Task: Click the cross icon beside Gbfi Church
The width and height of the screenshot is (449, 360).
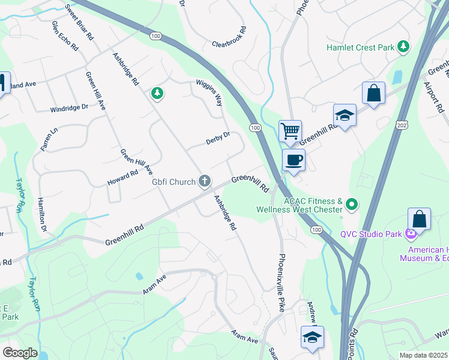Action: pyautogui.click(x=205, y=181)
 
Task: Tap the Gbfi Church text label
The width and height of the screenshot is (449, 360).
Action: pyautogui.click(x=173, y=182)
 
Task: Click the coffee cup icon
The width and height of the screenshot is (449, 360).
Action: pyautogui.click(x=294, y=160)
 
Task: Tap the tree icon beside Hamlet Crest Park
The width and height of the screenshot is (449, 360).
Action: pyautogui.click(x=405, y=46)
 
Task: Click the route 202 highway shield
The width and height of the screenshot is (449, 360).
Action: pyautogui.click(x=401, y=124)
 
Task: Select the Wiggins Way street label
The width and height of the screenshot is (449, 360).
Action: pyautogui.click(x=209, y=93)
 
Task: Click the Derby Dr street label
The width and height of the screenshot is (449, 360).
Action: pyautogui.click(x=218, y=139)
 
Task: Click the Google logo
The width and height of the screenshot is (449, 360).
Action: pyautogui.click(x=19, y=353)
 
